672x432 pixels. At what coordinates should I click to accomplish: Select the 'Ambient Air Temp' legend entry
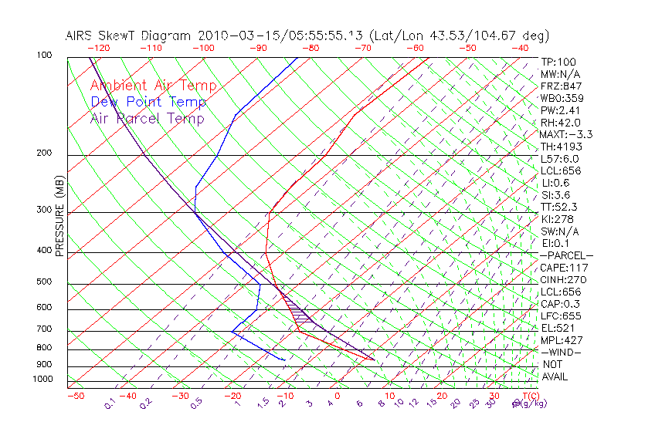[x=153, y=86]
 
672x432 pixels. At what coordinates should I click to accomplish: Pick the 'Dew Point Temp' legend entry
[x=148, y=102]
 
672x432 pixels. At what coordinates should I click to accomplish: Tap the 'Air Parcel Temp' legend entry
[x=147, y=118]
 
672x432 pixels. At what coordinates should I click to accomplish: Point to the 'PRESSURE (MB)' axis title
[x=59, y=216]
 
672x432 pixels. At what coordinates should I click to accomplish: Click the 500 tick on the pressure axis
[x=45, y=282]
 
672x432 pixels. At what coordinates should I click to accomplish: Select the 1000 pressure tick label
[x=42, y=379]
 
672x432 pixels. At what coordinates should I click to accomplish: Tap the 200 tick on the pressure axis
[x=45, y=153]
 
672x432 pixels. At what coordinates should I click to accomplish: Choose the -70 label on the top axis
[x=361, y=48]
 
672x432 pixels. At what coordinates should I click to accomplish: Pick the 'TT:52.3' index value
[x=559, y=207]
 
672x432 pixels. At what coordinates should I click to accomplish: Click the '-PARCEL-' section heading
[x=566, y=255]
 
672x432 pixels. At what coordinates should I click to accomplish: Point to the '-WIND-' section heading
[x=562, y=352]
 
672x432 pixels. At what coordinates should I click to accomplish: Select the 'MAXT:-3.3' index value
[x=566, y=134]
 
